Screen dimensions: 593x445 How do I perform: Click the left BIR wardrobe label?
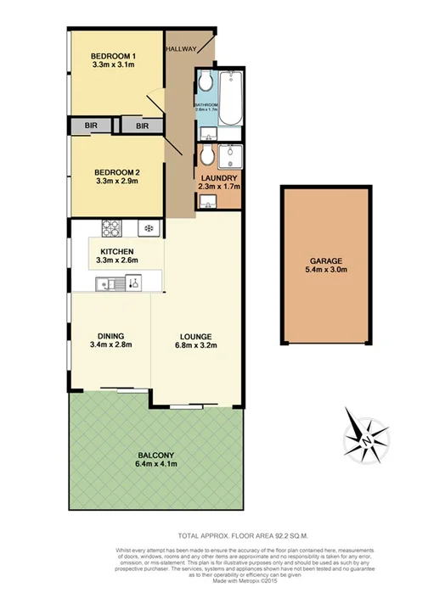click(91, 126)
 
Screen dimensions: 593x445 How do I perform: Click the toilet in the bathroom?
click(206, 82)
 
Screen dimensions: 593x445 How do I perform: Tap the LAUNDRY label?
click(218, 177)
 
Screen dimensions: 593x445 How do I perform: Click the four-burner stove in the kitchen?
click(113, 228)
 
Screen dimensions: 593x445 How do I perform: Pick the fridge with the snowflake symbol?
click(147, 228)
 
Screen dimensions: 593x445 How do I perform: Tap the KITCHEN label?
click(115, 251)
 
